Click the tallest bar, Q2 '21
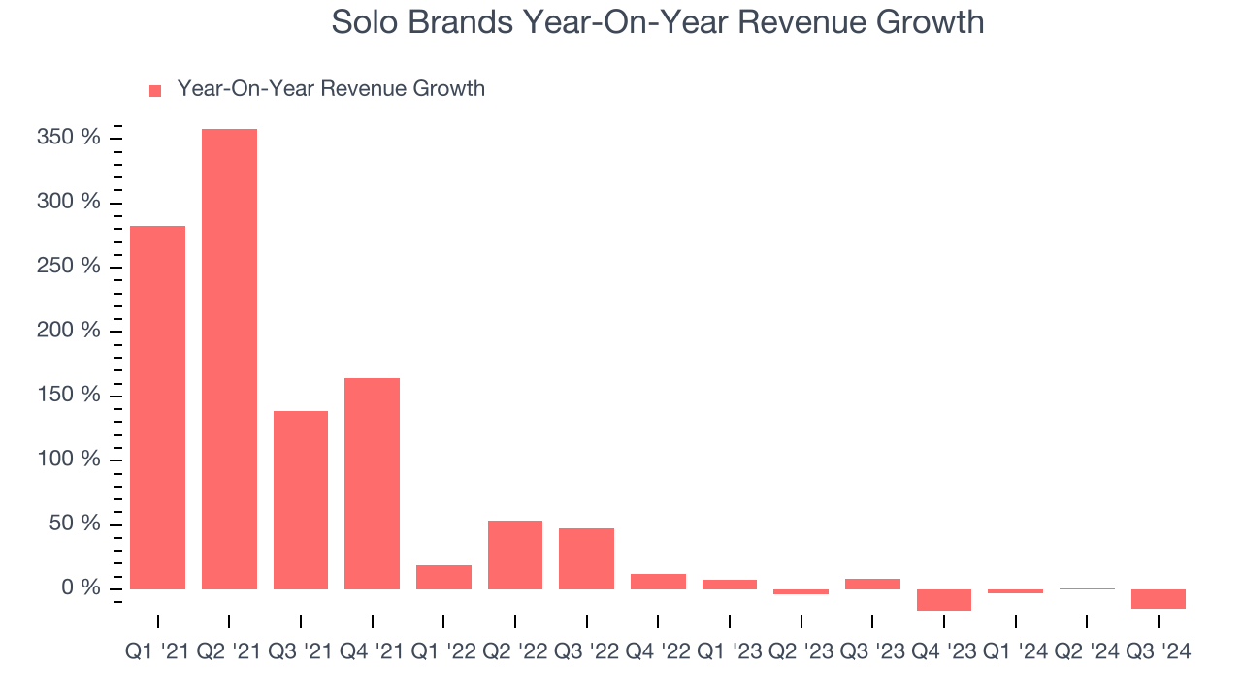(x=229, y=359)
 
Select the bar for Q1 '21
(x=157, y=407)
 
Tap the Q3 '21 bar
(x=301, y=499)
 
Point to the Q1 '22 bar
(x=443, y=577)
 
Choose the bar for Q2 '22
(x=515, y=555)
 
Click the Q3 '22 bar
(x=586, y=558)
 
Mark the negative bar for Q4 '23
(x=944, y=600)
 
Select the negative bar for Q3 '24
(x=1159, y=599)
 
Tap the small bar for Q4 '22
(x=658, y=582)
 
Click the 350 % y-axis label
(x=69, y=138)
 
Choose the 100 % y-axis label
(x=69, y=460)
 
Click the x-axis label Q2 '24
(x=1087, y=652)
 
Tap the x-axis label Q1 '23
(x=730, y=652)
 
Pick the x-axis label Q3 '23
(x=872, y=652)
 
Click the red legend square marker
(x=155, y=90)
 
